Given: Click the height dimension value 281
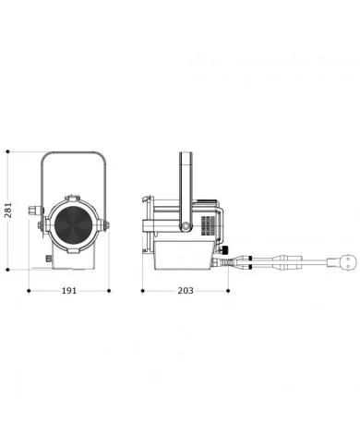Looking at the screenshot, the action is [x=8, y=210].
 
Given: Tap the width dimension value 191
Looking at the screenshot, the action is [x=69, y=291].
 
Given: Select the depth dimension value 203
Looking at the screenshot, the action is [x=186, y=291].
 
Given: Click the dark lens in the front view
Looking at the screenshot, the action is [x=74, y=223].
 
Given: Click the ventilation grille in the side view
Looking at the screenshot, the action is [x=209, y=226].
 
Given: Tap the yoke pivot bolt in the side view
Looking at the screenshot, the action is [x=186, y=226].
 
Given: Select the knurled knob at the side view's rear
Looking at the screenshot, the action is [x=225, y=249].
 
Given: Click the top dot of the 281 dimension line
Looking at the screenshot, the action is [x=8, y=151].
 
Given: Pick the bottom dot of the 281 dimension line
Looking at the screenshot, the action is [x=8, y=270].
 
